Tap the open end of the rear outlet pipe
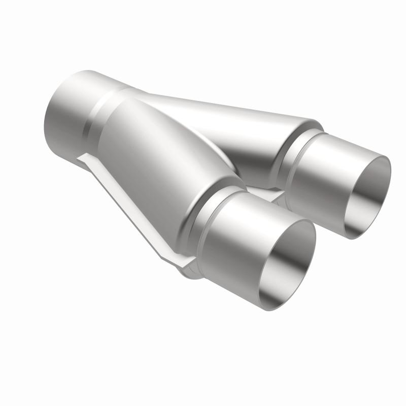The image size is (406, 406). click(368, 195)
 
